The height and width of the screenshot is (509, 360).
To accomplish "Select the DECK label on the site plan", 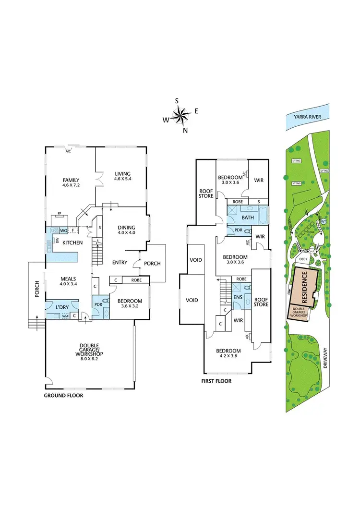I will [303, 259].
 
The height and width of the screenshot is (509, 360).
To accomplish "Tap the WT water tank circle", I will [323, 221].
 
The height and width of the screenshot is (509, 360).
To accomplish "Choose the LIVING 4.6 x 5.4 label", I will [123, 176].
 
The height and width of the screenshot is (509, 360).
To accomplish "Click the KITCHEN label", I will [72, 243].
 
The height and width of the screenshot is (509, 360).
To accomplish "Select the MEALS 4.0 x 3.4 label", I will [69, 281].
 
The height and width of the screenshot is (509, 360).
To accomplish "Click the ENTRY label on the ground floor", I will [120, 262].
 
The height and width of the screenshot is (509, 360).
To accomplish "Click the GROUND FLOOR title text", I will [63, 396].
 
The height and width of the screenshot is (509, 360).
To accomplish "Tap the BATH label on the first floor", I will [248, 218].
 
